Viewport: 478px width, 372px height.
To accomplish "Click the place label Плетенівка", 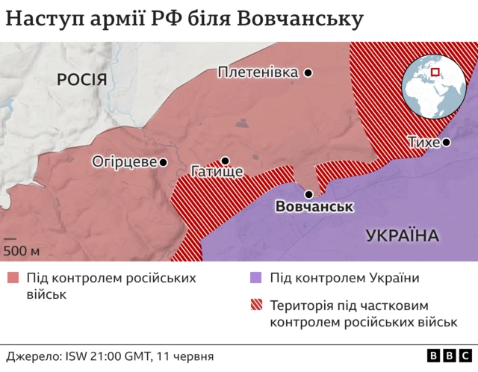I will (x=258, y=72).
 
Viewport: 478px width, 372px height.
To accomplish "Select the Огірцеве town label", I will (x=124, y=161).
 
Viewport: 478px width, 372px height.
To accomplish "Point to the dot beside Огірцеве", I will (x=163, y=161).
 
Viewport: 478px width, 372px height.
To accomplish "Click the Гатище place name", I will (x=217, y=173).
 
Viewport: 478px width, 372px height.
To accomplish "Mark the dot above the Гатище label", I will (x=224, y=160).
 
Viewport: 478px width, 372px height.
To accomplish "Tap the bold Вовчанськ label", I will (x=314, y=206).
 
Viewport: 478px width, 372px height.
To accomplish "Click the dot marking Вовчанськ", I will (x=308, y=193).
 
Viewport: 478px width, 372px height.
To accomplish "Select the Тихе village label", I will (x=423, y=142).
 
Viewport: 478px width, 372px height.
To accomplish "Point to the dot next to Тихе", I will (x=446, y=142).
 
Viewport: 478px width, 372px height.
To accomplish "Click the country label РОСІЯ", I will (x=83, y=80).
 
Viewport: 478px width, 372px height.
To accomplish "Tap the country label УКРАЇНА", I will (x=402, y=236).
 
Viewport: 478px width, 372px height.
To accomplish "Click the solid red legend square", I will (x=13, y=279).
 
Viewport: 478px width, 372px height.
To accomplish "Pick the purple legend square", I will (x=255, y=279).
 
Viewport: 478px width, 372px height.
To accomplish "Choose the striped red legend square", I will (x=255, y=305).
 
